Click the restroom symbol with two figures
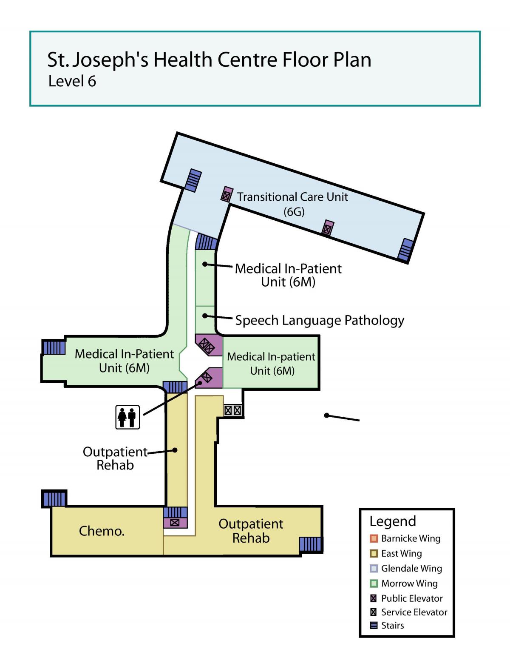[127, 417]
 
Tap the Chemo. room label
[102, 531]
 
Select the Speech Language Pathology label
[320, 321]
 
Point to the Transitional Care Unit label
[292, 197]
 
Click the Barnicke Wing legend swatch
[374, 538]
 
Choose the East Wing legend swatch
[374, 554]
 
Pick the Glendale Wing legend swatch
[374, 569]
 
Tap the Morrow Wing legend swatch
[374, 583]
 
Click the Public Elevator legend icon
[374, 598]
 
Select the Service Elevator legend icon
[374, 612]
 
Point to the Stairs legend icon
[374, 626]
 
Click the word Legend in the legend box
[393, 522]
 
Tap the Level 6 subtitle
[72, 81]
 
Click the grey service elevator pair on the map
[233, 411]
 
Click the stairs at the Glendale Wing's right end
[405, 249]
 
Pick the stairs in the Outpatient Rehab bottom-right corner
[310, 544]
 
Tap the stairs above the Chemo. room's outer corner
[54, 499]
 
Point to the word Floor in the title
[305, 60]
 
